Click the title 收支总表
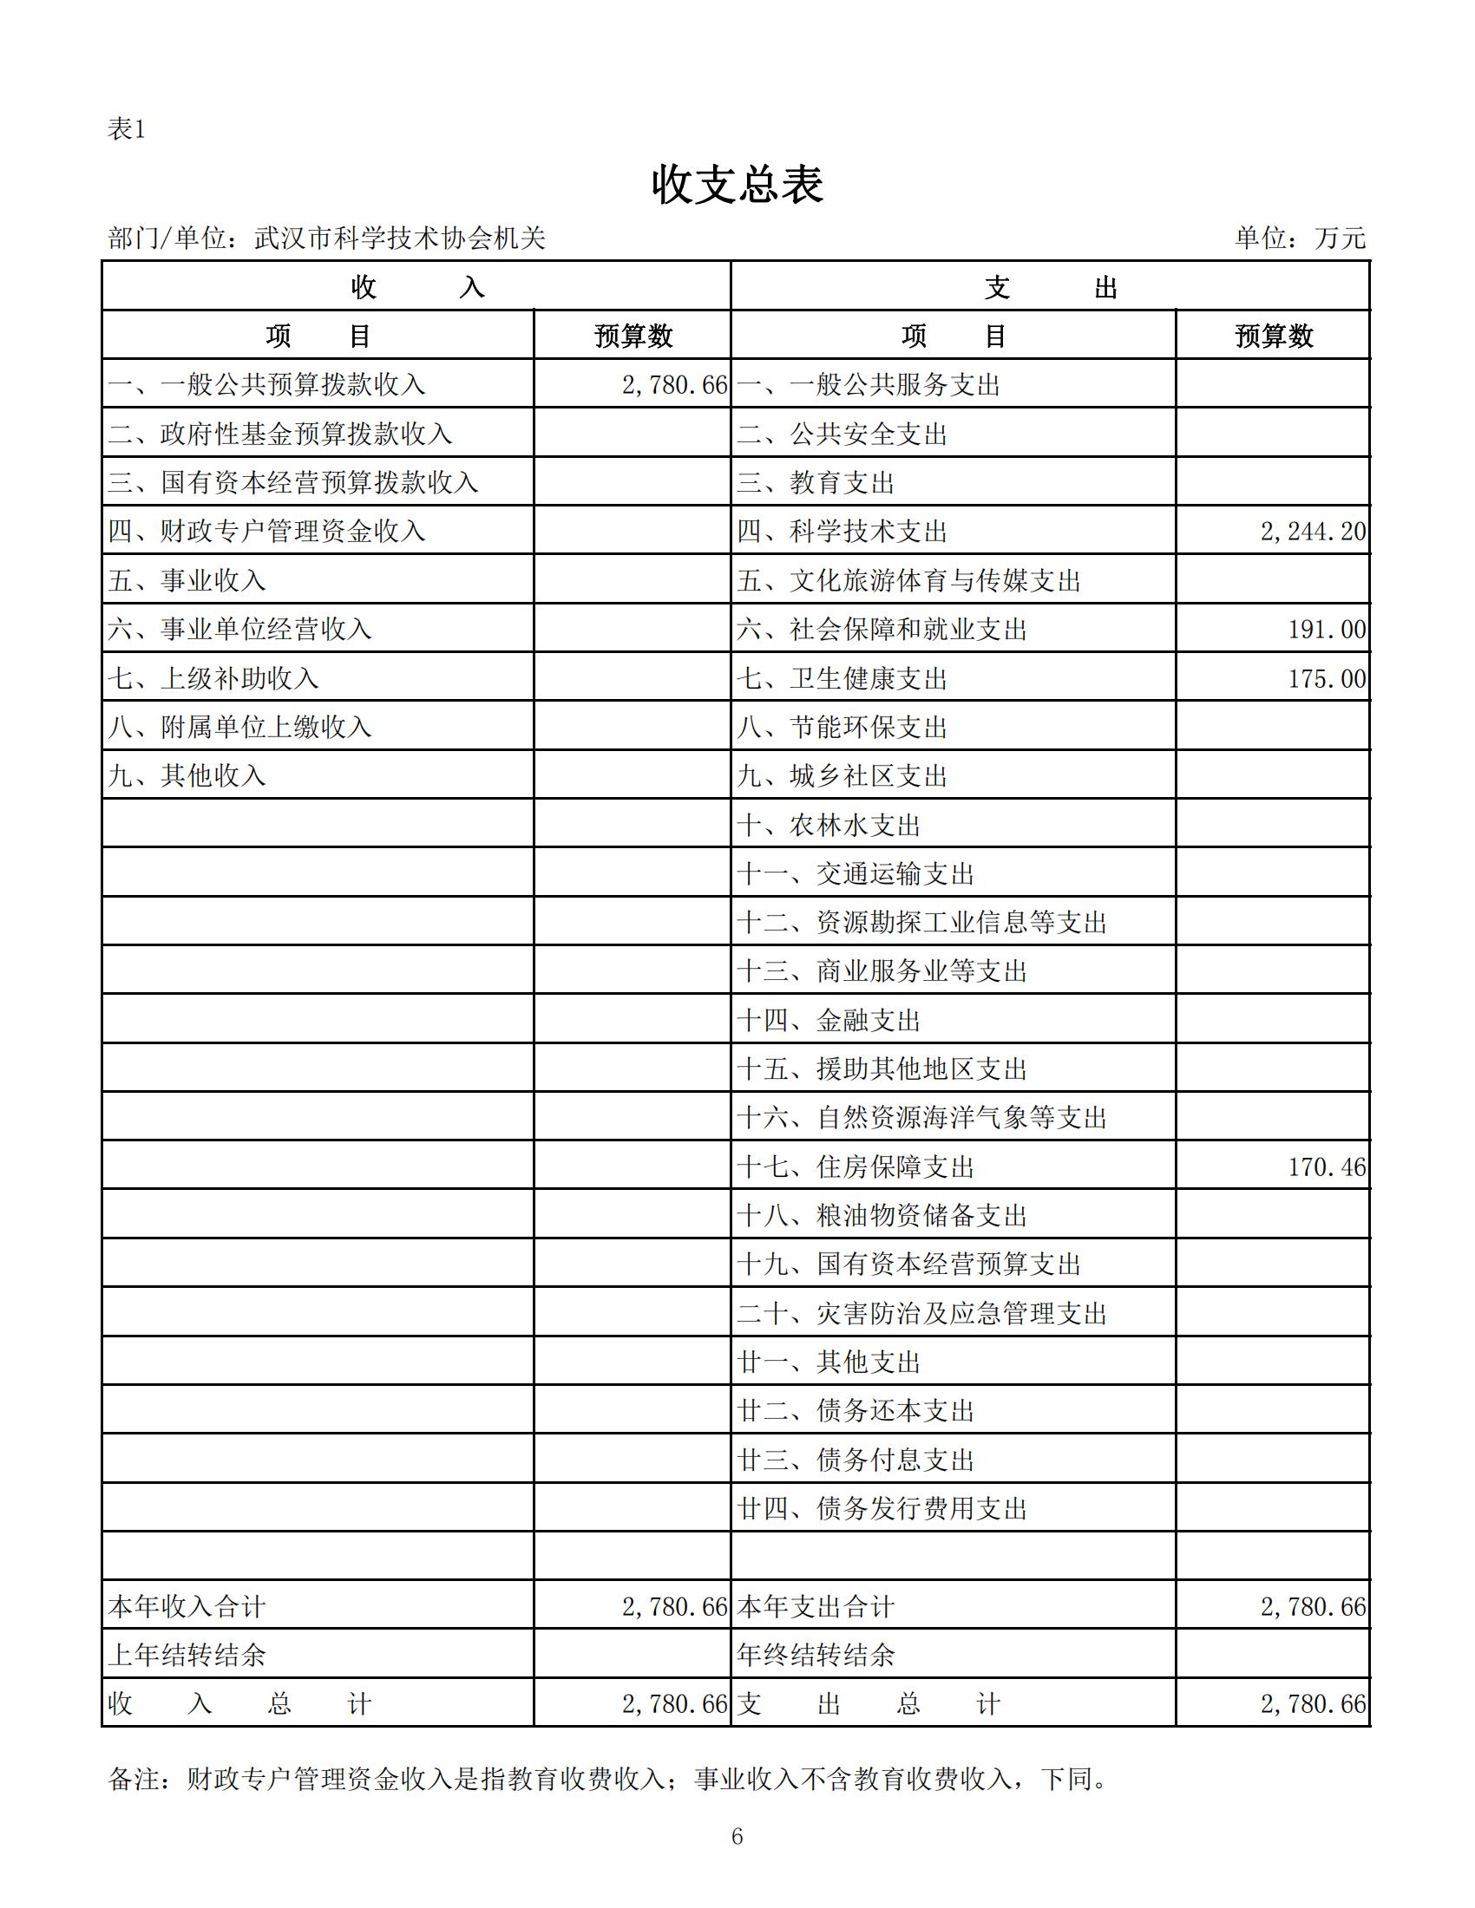pos(737,186)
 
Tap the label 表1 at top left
pos(126,129)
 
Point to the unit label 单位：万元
pos(1300,238)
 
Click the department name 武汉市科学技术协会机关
pos(399,238)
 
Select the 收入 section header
pos(416,286)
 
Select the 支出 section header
pos(1050,286)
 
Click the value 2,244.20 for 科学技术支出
pos(1313,531)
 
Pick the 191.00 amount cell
pos(1327,629)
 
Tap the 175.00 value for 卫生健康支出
pos(1327,678)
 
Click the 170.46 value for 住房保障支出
pos(1327,1167)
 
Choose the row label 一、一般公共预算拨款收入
pos(266,384)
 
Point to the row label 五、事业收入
pos(187,580)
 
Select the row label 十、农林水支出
pos(829,825)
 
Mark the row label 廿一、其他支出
pos(829,1362)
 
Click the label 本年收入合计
pos(187,1606)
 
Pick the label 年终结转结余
pos(816,1655)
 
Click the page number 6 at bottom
pos(737,1836)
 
